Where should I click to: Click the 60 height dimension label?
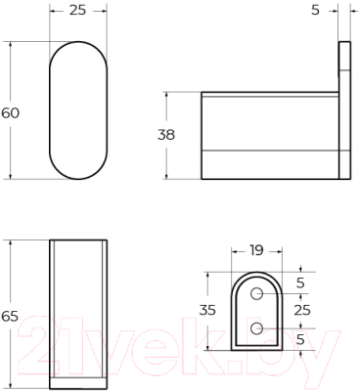point(11,112)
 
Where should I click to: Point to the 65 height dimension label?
point(11,316)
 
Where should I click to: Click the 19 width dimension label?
point(255,249)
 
